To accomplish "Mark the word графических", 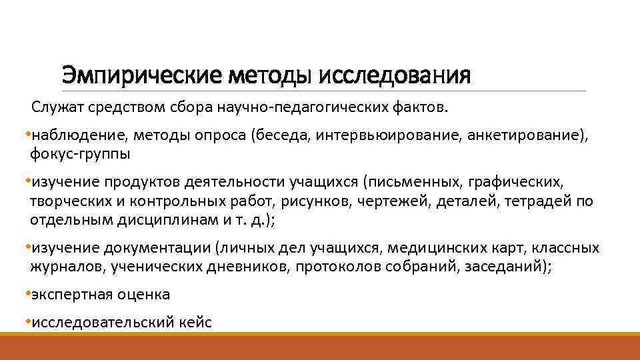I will [x=516, y=182].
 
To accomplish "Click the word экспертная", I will [x=65, y=294].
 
